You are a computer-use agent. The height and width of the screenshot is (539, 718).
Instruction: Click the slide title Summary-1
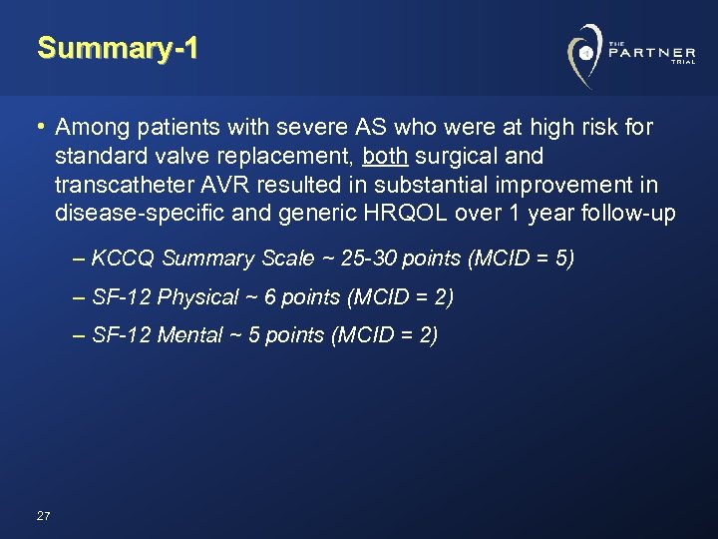point(118,48)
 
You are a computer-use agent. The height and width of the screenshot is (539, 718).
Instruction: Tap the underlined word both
point(385,157)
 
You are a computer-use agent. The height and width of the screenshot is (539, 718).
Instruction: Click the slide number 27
point(43,516)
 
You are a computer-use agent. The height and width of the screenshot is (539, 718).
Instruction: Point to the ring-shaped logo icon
point(585,52)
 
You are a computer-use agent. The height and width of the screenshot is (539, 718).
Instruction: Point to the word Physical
point(198,297)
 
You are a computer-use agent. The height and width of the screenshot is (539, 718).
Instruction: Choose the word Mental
point(189,335)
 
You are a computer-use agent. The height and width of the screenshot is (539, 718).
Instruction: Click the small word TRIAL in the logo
point(682,62)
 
